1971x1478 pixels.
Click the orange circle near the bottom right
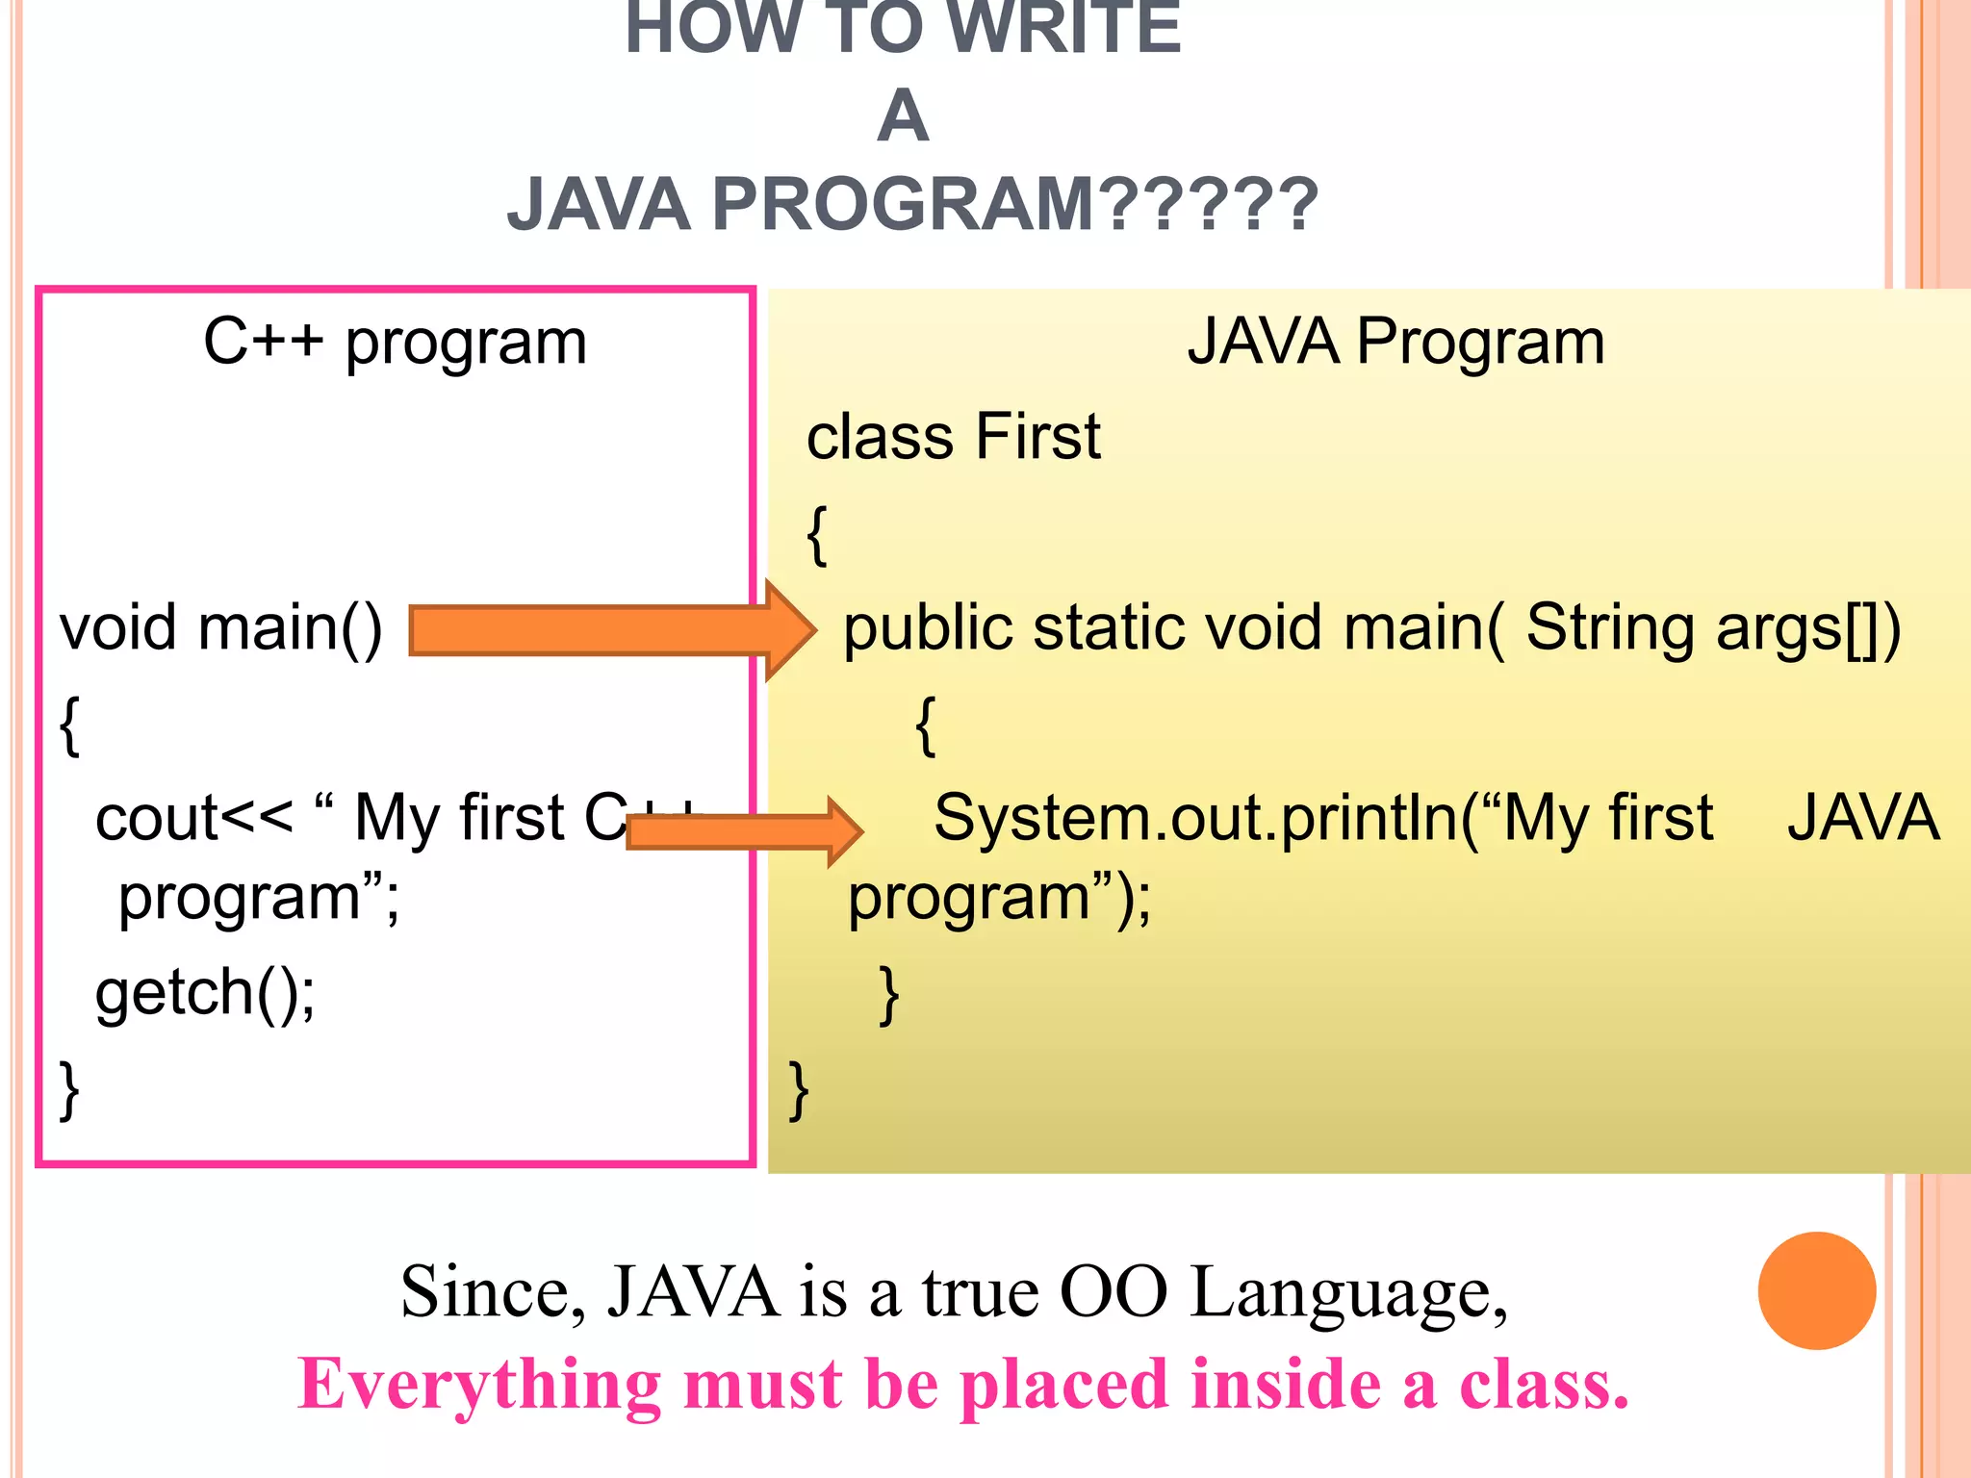tap(1816, 1290)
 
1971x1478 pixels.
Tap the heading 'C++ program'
tap(395, 343)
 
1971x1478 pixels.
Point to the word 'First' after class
tap(1037, 437)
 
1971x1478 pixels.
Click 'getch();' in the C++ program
tap(205, 993)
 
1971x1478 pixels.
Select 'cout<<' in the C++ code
tap(193, 819)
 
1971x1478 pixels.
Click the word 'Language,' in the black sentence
tap(1348, 1292)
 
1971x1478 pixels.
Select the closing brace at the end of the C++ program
tap(69, 1090)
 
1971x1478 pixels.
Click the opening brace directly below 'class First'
tap(817, 535)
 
